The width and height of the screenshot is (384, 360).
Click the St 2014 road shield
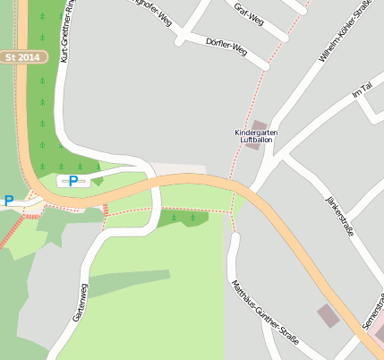point(22,56)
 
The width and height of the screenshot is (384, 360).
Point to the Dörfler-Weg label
point(226,46)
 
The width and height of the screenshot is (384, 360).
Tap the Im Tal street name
point(362,92)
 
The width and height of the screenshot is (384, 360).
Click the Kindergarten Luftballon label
point(256,137)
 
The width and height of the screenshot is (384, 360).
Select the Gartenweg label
point(80,303)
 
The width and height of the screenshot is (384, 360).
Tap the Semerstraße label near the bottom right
point(372,313)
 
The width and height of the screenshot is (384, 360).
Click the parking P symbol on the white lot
point(73,181)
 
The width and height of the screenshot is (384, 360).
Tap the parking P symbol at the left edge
point(9,201)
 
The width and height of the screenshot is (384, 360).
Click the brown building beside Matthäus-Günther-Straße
point(328,315)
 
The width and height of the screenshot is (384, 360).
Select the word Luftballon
point(256,141)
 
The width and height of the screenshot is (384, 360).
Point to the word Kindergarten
point(256,133)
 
